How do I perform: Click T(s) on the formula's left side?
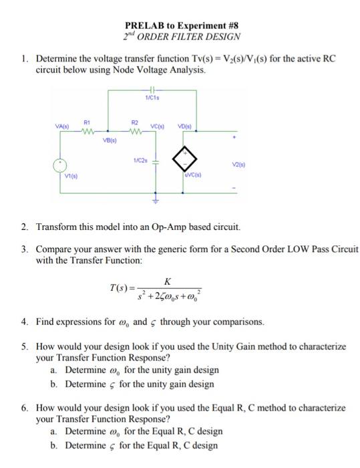coord(121,289)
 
